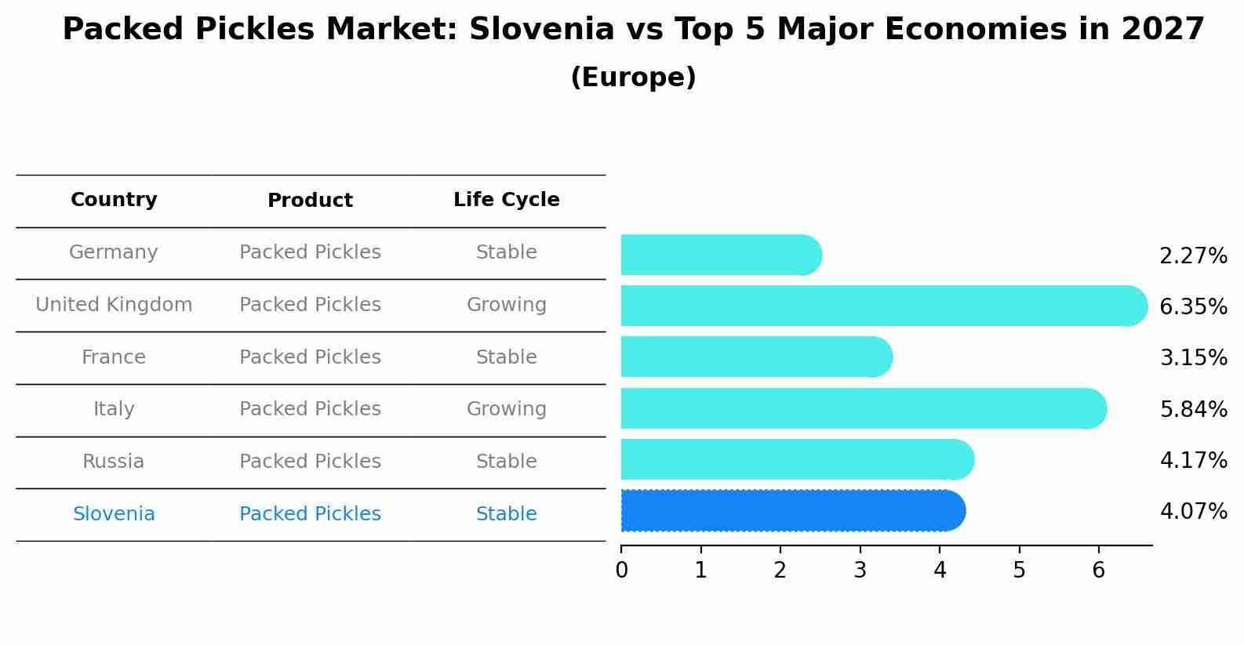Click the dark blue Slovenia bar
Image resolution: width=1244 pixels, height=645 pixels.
point(792,511)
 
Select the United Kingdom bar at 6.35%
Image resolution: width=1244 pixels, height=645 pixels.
point(883,306)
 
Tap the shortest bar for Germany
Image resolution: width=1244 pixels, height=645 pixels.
point(720,255)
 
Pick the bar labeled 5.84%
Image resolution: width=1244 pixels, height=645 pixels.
point(863,408)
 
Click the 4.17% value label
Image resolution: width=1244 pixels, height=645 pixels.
point(1193,460)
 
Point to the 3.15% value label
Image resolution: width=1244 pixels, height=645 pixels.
point(1193,357)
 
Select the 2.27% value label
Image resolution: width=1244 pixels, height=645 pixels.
point(1193,255)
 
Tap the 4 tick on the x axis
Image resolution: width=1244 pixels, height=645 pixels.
point(940,570)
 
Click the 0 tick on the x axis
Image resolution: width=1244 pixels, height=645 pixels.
point(621,570)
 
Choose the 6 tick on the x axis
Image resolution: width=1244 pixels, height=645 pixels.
point(1098,570)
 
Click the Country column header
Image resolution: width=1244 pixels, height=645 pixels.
point(114,200)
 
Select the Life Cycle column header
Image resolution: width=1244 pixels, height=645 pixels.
point(506,200)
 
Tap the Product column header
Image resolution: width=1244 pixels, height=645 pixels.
point(310,201)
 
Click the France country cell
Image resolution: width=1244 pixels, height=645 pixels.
point(114,357)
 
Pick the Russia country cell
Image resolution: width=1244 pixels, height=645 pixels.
point(114,462)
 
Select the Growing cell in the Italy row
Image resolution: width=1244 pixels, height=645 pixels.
point(506,409)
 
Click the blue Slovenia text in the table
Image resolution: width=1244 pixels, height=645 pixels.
point(114,514)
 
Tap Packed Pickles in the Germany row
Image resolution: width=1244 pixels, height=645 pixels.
point(310,252)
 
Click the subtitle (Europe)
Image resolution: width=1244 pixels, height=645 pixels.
point(633,78)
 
